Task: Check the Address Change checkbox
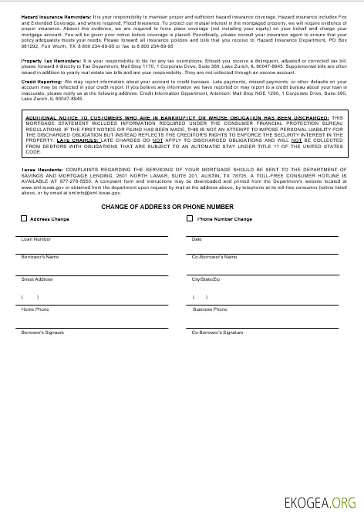24,219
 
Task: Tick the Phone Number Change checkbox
190,219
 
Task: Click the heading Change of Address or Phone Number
167,207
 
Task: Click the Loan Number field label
36,239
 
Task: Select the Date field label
197,239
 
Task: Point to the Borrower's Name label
40,256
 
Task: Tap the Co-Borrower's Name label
214,256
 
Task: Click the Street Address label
37,279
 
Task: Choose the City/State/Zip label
207,279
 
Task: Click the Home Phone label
35,309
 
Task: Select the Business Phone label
210,309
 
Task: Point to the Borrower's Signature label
43,332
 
